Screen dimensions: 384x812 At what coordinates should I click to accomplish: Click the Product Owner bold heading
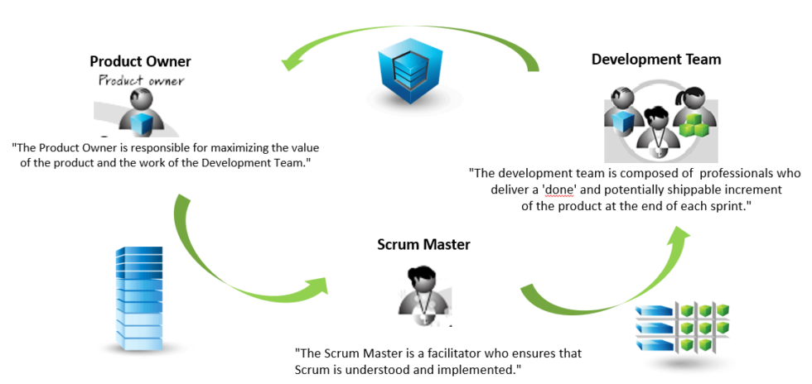tap(140, 61)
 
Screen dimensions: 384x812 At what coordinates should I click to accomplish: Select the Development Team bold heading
tap(655, 59)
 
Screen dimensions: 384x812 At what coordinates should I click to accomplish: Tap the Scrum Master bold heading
tap(423, 244)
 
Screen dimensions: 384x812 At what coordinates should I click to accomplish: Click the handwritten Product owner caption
tap(141, 80)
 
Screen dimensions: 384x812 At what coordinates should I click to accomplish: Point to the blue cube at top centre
tap(405, 78)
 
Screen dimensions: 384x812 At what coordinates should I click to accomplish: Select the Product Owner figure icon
tap(141, 112)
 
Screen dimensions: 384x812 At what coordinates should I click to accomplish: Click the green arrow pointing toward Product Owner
tap(406, 41)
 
